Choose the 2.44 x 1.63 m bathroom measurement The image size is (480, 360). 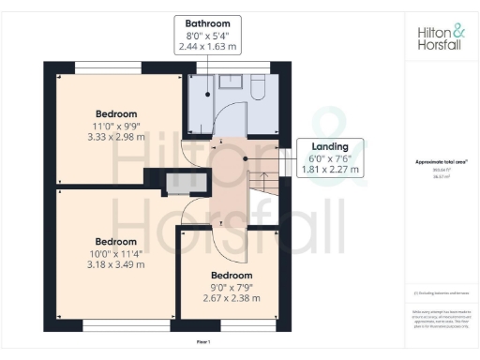coord(207,45)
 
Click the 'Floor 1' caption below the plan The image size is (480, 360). coord(202,344)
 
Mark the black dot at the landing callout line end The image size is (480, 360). coord(246,158)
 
